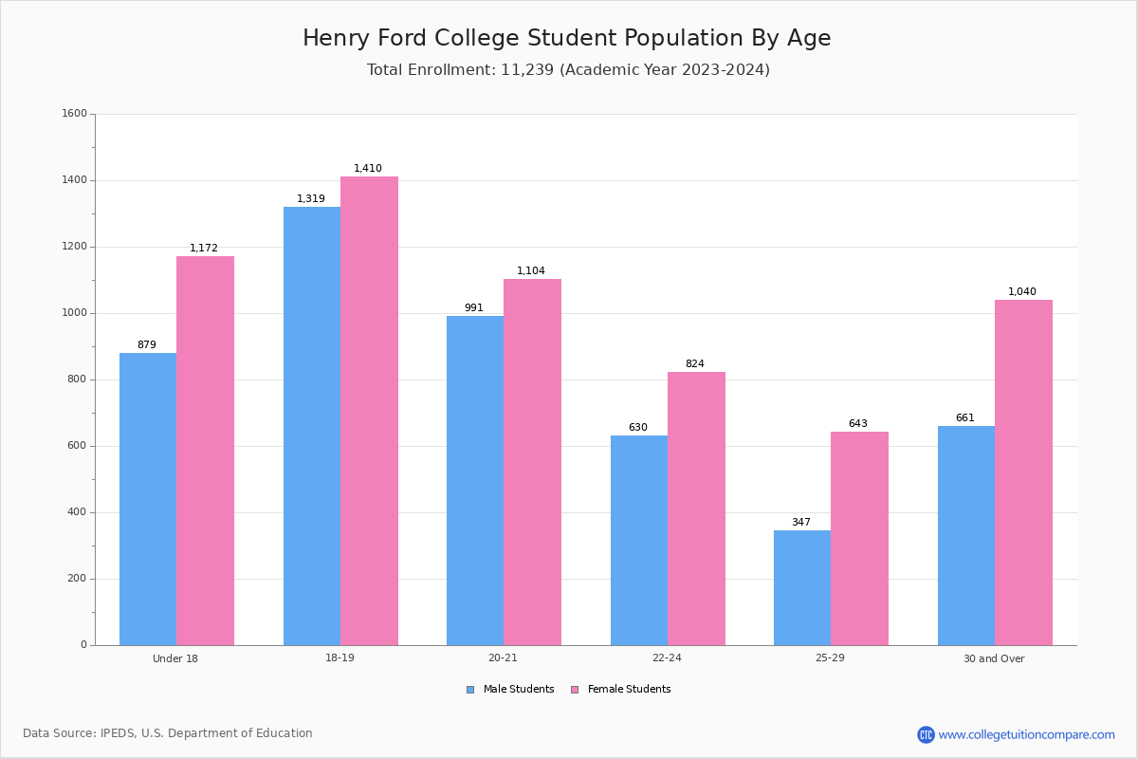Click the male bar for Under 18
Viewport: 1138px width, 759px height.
click(x=148, y=499)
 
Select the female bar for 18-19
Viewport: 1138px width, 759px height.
click(x=369, y=411)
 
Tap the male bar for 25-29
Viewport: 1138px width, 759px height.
click(x=802, y=587)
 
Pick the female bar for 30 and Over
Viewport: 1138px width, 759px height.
click(x=1023, y=472)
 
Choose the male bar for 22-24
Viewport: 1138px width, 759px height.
click(x=639, y=540)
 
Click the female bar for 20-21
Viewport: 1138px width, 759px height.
click(x=532, y=462)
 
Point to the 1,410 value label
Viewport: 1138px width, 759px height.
click(x=368, y=169)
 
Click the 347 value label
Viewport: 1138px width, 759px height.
click(x=801, y=523)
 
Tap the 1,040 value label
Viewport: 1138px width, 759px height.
click(x=1022, y=292)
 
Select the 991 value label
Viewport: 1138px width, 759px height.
click(x=474, y=308)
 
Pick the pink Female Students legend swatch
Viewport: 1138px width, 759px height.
click(x=575, y=690)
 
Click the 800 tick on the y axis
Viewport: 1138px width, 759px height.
click(x=76, y=379)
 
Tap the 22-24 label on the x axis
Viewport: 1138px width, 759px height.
click(x=667, y=658)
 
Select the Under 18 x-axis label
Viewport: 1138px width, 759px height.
click(x=175, y=658)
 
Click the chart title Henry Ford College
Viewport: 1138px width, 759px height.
click(x=567, y=38)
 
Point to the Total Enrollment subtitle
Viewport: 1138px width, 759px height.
click(x=568, y=70)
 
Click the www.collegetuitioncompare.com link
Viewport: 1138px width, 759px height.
click(x=1026, y=734)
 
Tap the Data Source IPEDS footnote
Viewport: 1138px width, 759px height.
click(x=168, y=733)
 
